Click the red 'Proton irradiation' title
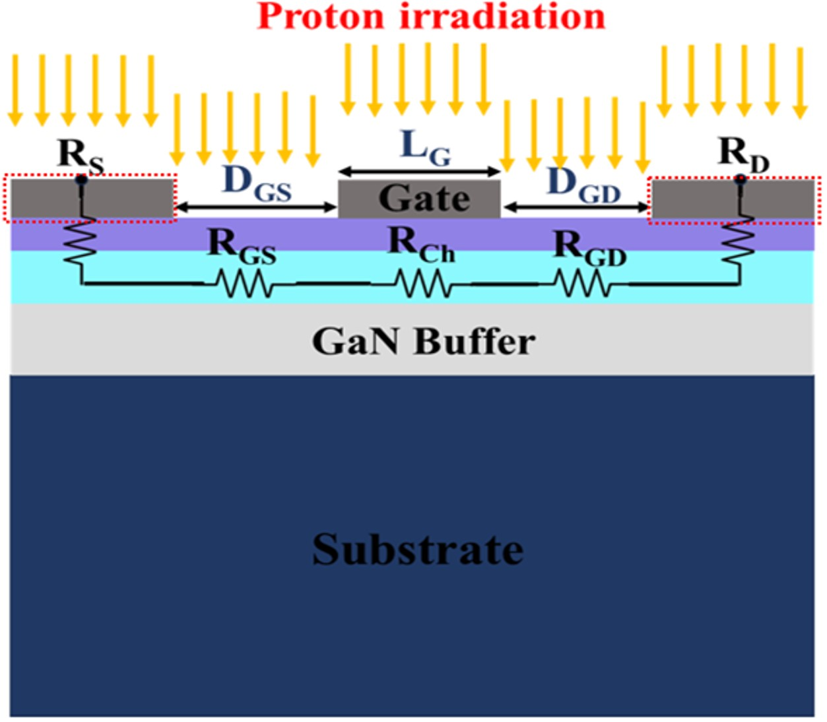[431, 17]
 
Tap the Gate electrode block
[419, 199]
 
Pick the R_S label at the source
[81, 156]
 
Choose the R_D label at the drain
[743, 156]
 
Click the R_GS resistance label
[242, 247]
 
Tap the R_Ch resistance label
[421, 245]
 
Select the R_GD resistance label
[590, 249]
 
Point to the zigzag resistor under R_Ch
[422, 284]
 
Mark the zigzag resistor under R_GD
[582, 284]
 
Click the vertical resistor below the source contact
[80, 242]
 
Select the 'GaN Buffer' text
[424, 342]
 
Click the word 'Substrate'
[418, 549]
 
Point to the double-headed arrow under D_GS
[257, 208]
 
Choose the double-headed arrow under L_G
[420, 172]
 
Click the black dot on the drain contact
[741, 179]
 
